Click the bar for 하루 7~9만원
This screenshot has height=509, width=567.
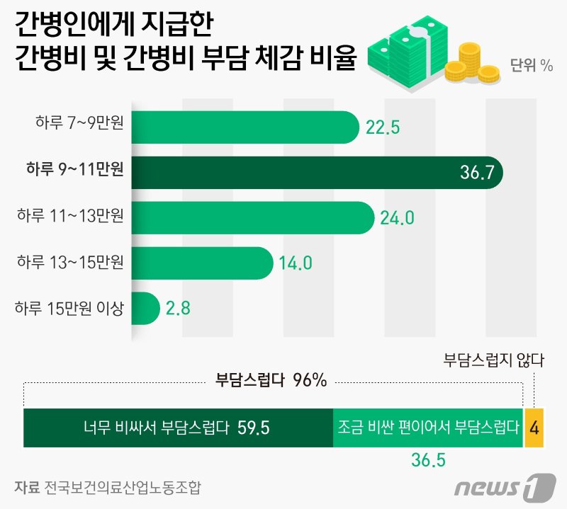(245, 127)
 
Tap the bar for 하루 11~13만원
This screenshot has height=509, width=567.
(252, 217)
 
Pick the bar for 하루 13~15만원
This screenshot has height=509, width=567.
(202, 263)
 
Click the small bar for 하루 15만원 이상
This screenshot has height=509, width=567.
(145, 308)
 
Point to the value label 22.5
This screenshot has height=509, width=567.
(383, 127)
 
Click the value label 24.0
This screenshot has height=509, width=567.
(397, 218)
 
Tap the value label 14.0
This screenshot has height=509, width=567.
(296, 263)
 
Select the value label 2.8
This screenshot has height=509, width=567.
(177, 309)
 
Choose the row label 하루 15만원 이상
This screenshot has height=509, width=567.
(69, 308)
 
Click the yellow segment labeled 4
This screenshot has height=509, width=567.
(534, 428)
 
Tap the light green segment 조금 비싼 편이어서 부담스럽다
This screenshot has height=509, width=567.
(427, 428)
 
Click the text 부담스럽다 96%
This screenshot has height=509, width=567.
(271, 381)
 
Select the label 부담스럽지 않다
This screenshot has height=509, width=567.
(493, 360)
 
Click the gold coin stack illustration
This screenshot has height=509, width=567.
(471, 62)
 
